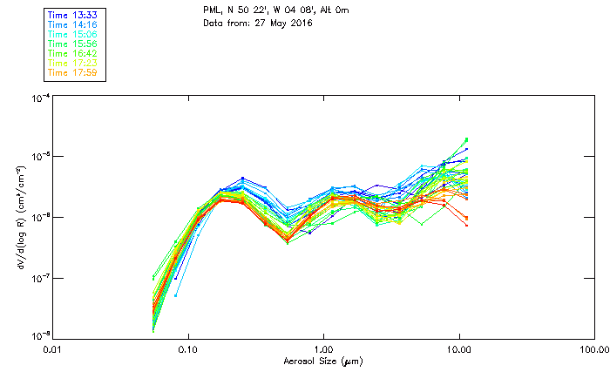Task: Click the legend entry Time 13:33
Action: tap(72, 15)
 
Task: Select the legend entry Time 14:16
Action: tap(72, 24)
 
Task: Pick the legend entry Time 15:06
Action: tap(72, 34)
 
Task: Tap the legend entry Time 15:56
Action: tap(72, 44)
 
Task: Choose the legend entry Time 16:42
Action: tap(72, 53)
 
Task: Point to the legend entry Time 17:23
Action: tap(72, 63)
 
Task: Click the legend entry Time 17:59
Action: tap(72, 72)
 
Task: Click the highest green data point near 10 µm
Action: tap(466, 139)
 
